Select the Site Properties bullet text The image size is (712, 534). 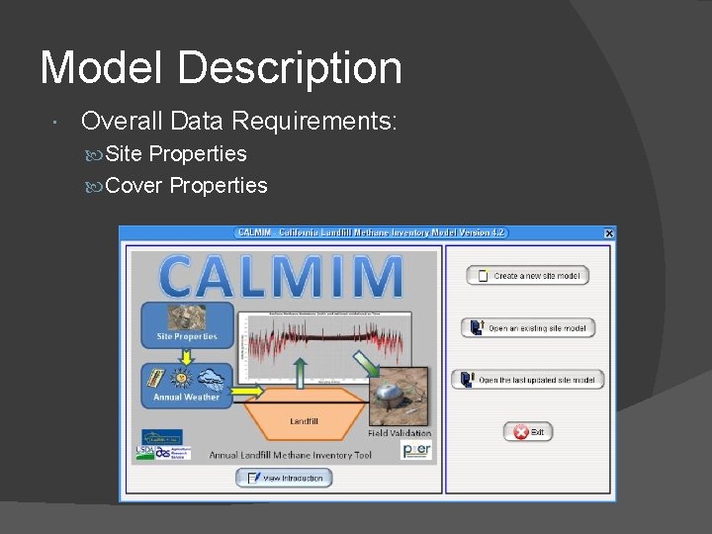pos(175,153)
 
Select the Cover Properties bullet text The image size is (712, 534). pos(186,185)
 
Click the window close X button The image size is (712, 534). pos(608,233)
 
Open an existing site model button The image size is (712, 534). pos(528,327)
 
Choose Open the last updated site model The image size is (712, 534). pos(528,380)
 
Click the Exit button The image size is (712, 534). pos(529,432)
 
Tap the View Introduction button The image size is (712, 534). pos(284,478)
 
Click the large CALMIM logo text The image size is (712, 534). pos(281,277)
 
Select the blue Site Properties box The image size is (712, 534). pos(187,325)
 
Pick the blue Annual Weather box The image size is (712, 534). pos(187,384)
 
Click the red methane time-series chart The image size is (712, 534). pos(326,346)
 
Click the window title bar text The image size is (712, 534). pos(371,233)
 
